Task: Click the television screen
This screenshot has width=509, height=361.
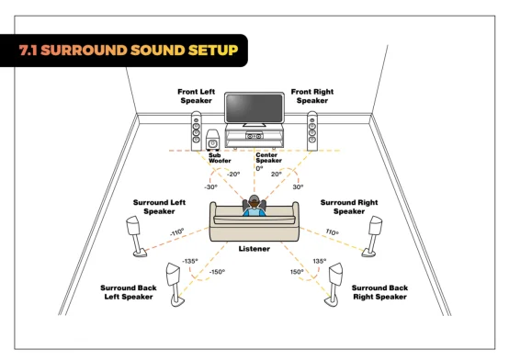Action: point(254,108)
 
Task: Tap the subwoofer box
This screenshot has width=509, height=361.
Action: point(212,141)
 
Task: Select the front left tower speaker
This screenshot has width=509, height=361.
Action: point(196,131)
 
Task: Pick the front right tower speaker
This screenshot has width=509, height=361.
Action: point(312,131)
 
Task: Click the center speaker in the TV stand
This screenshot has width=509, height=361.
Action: point(254,136)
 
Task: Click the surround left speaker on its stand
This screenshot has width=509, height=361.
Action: point(136,236)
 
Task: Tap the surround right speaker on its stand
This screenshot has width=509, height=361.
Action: point(372,236)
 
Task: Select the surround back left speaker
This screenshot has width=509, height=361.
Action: point(175,285)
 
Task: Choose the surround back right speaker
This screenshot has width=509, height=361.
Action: point(334,285)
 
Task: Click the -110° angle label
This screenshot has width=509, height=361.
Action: point(177,232)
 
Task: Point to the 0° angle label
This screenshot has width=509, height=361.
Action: point(259,168)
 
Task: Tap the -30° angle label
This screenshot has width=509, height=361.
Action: point(210,187)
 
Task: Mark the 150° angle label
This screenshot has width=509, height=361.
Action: point(297,271)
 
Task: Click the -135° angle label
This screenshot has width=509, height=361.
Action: point(190,261)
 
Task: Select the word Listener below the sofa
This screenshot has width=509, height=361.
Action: point(254,249)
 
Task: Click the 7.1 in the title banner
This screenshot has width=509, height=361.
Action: point(28,50)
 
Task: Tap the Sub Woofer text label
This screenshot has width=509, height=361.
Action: point(220,158)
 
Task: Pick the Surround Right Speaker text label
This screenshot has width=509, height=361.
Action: point(349,207)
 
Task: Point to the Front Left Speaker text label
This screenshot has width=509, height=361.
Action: point(196,96)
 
